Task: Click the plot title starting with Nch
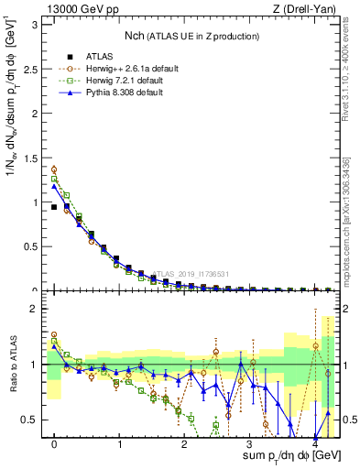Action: click(192, 36)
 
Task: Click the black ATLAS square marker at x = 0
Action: click(54, 207)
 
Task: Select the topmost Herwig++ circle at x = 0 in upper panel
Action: click(54, 169)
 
